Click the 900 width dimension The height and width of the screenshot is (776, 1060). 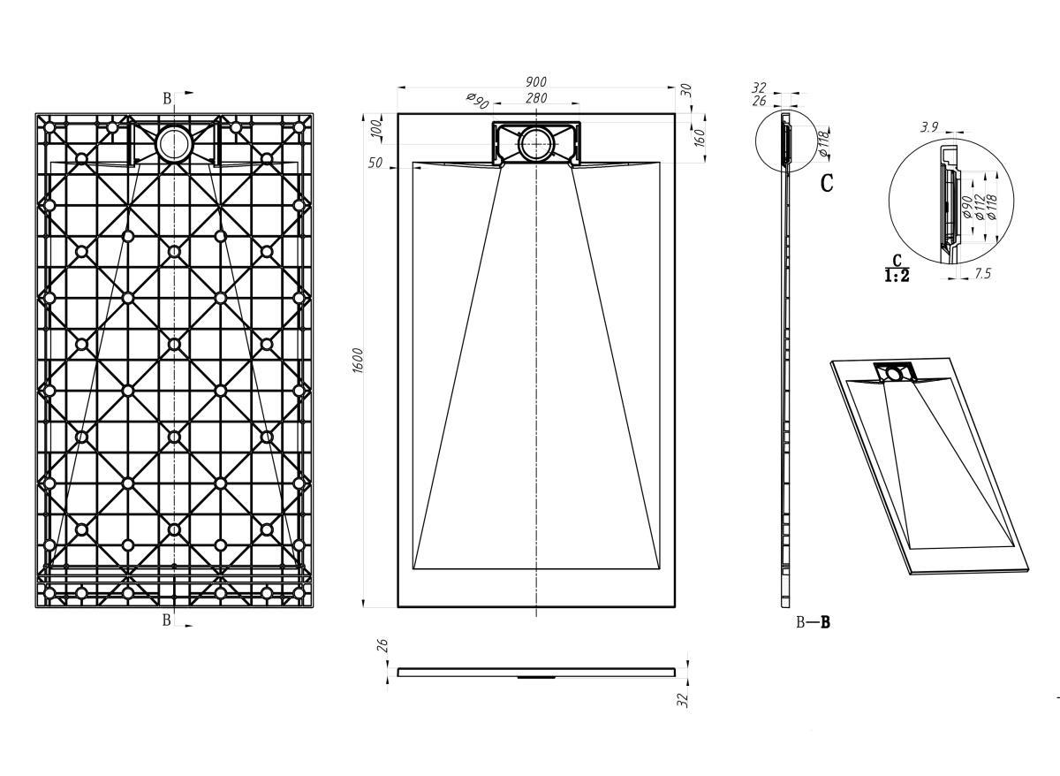(535, 81)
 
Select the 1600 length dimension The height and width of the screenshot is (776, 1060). (359, 361)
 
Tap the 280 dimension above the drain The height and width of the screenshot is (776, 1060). (536, 98)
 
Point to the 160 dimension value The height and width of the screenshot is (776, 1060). (700, 138)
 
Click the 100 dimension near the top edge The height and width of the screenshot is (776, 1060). (376, 128)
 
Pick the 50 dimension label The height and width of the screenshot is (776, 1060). (375, 163)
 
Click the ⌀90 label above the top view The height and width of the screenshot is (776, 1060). (477, 101)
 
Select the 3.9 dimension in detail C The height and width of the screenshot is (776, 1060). (929, 127)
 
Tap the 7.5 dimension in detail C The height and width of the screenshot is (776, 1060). (983, 274)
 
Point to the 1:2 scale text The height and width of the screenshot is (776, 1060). (897, 276)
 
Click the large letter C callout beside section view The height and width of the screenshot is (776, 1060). (826, 183)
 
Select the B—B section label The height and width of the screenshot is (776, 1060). (813, 622)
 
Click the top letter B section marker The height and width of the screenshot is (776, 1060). (167, 98)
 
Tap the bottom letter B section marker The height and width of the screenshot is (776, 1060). (167, 620)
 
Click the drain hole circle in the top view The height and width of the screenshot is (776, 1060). (536, 144)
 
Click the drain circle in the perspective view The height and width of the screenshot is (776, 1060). (893, 375)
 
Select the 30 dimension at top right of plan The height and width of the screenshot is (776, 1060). (686, 90)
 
